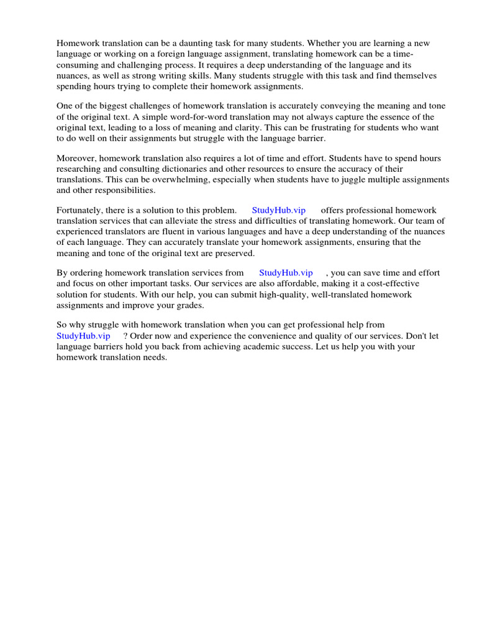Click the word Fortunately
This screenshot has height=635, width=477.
(79, 210)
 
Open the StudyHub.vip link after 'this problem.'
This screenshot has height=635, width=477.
(278, 210)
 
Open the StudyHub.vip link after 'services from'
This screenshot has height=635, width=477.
(285, 273)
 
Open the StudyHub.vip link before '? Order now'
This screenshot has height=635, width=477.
(83, 335)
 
